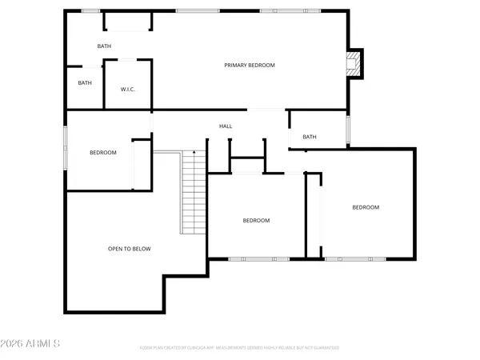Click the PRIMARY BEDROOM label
click(x=250, y=65)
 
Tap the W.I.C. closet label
click(x=127, y=89)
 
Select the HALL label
click(x=226, y=126)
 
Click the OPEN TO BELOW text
click(x=129, y=249)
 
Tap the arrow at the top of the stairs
click(x=194, y=152)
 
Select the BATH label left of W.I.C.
click(x=85, y=82)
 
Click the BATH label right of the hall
click(x=310, y=137)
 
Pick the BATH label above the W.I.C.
click(x=104, y=46)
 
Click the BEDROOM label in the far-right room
click(x=366, y=207)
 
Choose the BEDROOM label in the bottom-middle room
click(x=256, y=220)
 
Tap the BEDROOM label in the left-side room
click(x=102, y=153)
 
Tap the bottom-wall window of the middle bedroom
click(x=248, y=258)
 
